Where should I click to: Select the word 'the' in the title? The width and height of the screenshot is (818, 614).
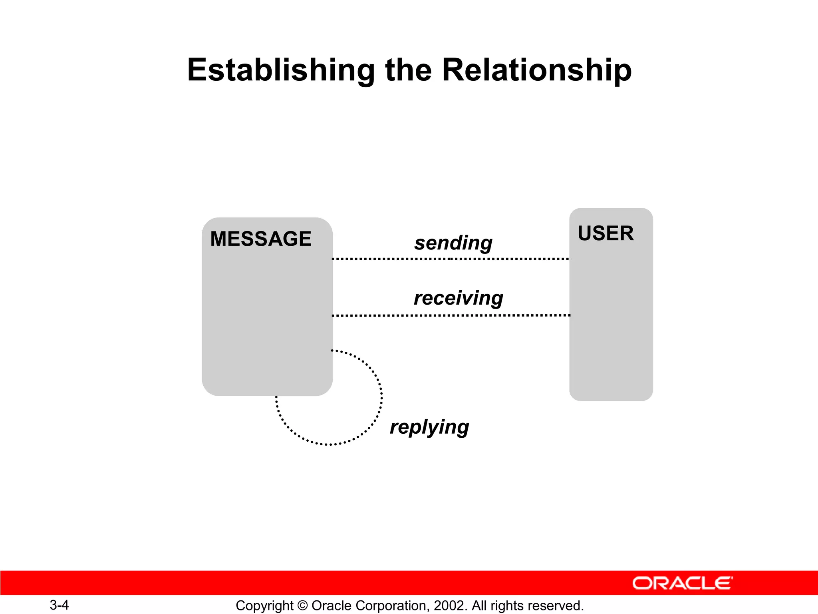pos(408,70)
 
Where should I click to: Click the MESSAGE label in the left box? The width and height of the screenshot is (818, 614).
pos(260,239)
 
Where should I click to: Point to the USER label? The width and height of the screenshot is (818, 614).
pos(606,233)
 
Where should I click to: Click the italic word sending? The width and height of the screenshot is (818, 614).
pos(453,243)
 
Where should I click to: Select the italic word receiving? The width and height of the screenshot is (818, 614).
pos(458,298)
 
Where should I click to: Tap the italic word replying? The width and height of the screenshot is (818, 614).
pos(429,427)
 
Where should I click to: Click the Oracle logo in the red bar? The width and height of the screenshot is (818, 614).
pos(682,583)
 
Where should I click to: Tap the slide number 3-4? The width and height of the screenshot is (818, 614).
pos(59,605)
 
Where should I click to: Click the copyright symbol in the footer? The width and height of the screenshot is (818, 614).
pos(302,606)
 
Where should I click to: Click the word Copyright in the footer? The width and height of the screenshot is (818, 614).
pos(265,606)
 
